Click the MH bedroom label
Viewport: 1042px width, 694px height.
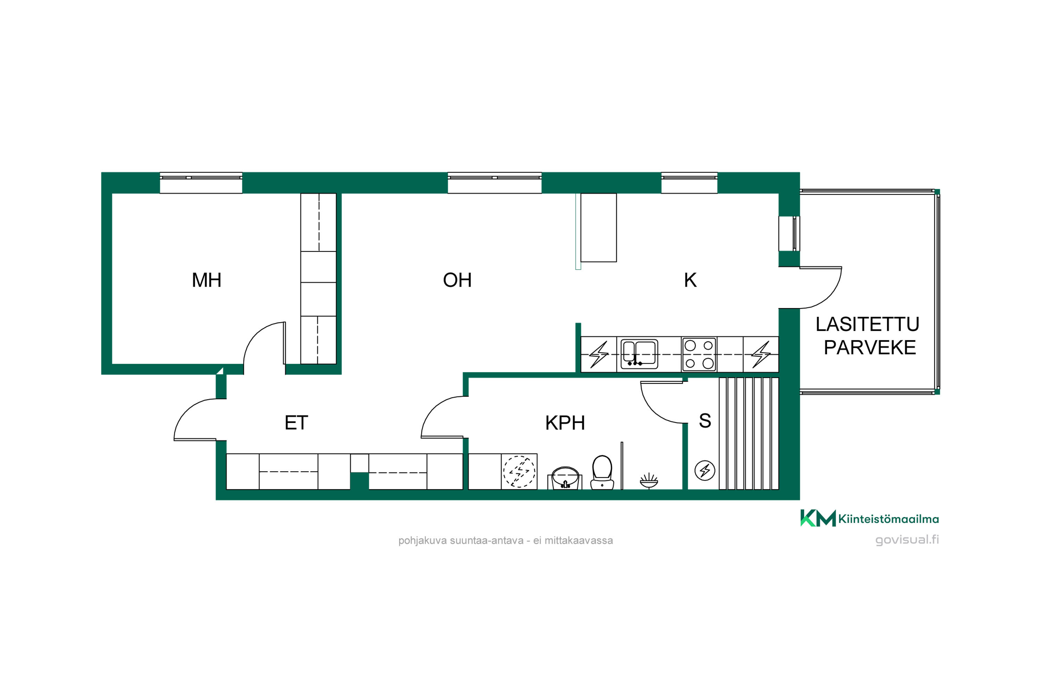point(206,280)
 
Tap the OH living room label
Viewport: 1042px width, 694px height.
point(457,280)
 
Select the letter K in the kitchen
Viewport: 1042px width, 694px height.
point(690,280)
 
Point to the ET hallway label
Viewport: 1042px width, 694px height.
point(296,423)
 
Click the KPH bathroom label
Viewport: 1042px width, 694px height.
point(565,423)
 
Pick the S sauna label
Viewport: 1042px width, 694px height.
point(705,421)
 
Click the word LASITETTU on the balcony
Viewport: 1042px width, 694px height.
point(867,324)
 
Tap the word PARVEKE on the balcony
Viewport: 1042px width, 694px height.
point(870,347)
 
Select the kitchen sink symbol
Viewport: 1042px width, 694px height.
point(639,354)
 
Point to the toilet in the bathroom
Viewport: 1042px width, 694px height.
point(602,472)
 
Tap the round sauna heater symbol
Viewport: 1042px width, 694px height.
point(705,471)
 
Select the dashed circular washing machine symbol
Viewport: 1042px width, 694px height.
point(519,471)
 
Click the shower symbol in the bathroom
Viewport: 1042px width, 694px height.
point(649,480)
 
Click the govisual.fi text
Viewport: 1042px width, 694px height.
point(907,540)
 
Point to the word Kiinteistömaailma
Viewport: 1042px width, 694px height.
point(888,519)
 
